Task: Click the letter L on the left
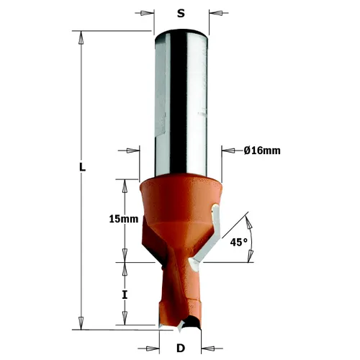pyautogui.click(x=83, y=167)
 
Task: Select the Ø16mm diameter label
pyautogui.click(x=261, y=150)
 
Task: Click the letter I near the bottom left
pyautogui.click(x=125, y=295)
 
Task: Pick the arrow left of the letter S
pyautogui.click(x=147, y=12)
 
